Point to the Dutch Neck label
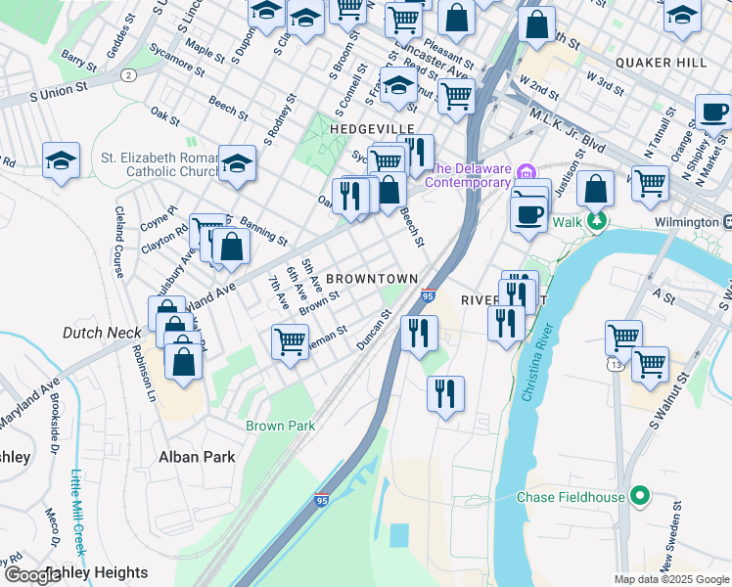[102, 333]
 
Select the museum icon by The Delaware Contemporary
[527, 172]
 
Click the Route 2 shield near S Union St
[127, 74]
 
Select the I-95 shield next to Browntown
[428, 294]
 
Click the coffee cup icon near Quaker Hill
[714, 112]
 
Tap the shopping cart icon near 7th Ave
[290, 341]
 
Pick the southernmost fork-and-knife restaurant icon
[445, 393]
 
